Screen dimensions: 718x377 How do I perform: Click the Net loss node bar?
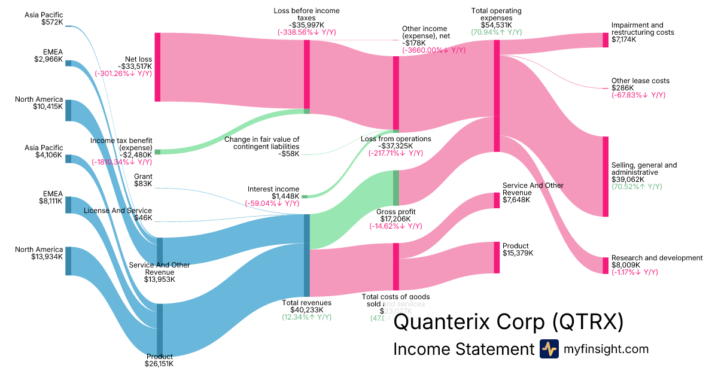[157, 67]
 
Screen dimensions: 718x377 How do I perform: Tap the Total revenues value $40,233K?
[307, 310]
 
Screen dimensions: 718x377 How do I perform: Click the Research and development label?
[656, 258]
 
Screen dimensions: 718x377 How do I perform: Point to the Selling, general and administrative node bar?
[606, 177]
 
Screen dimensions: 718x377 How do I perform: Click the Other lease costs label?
[640, 81]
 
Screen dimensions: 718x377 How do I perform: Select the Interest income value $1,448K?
[284, 196]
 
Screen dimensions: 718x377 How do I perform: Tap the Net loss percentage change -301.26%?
[123, 74]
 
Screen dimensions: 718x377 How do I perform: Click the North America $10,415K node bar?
[68, 110]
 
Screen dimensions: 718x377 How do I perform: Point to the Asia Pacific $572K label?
[44, 15]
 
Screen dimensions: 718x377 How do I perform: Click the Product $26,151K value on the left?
[159, 364]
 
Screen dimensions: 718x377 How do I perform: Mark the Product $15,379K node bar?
[496, 257]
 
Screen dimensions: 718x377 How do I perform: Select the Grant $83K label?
[143, 177]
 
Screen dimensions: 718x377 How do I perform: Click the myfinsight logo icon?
[549, 349]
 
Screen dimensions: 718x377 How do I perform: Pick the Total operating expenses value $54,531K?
[496, 25]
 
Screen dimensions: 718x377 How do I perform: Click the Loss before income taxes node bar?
[306, 76]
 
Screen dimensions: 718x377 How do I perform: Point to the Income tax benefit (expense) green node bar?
[157, 152]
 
